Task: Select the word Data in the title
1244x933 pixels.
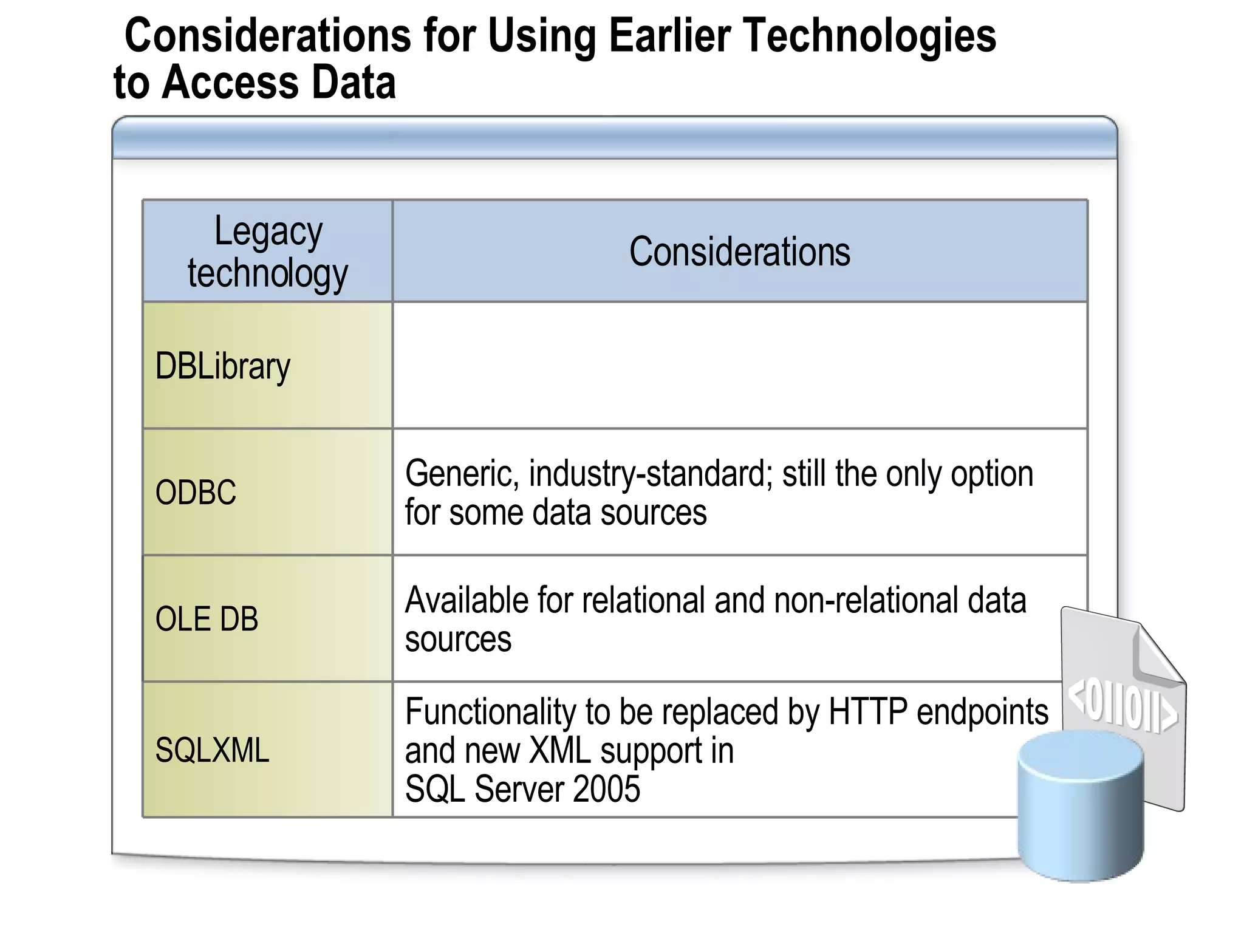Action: [354, 83]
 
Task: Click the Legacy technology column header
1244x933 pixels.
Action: [268, 251]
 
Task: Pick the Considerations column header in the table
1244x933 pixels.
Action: [739, 251]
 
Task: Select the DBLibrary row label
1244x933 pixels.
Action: [223, 366]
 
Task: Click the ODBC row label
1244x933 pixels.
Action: [196, 492]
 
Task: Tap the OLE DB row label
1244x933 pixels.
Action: [207, 619]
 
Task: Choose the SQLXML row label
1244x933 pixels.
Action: [212, 750]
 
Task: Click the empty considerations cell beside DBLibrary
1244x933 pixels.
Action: [739, 366]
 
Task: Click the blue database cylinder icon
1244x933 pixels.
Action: [1080, 808]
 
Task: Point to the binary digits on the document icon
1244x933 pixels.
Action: [1121, 708]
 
